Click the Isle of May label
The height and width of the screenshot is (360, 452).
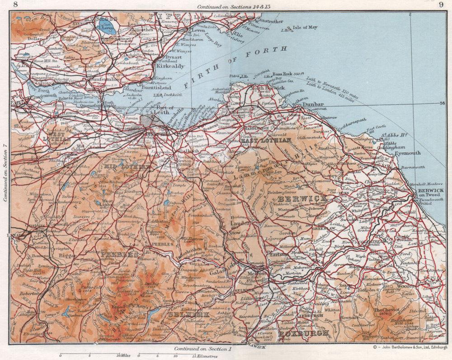pyautogui.click(x=305, y=28)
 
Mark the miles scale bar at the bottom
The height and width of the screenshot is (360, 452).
pyautogui.click(x=90, y=355)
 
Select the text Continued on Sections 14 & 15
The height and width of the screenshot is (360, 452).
pyautogui.click(x=234, y=6)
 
